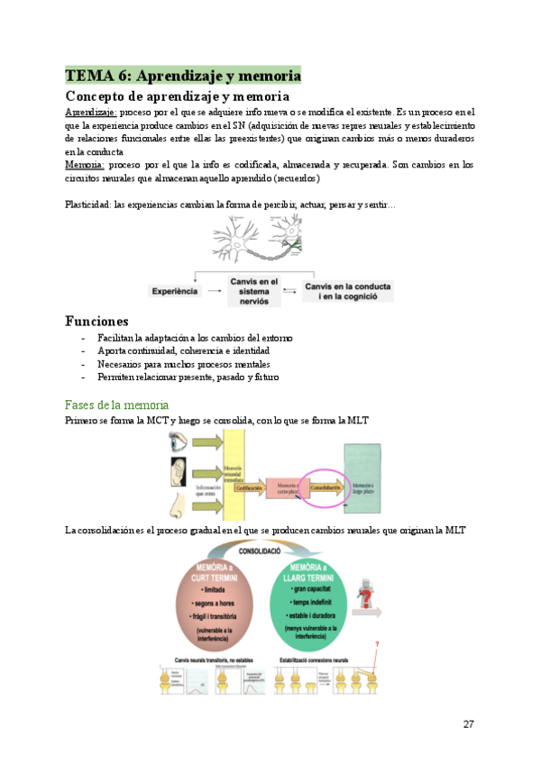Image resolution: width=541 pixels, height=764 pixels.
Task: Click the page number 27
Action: [x=468, y=724]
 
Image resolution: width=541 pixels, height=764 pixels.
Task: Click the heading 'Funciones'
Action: [x=96, y=321]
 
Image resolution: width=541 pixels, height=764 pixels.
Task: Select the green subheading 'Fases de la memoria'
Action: [x=116, y=405]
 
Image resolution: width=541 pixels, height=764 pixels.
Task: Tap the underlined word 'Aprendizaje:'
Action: [x=90, y=112]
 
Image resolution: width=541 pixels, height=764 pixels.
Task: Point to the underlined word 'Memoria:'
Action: [x=85, y=165]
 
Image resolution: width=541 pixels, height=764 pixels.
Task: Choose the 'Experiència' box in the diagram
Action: [x=176, y=292]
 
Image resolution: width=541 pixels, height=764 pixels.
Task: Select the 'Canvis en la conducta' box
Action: [x=348, y=290]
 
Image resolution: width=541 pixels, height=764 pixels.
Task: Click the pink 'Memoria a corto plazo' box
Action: [x=286, y=487]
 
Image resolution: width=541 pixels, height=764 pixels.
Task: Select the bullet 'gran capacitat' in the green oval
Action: [x=313, y=587]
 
